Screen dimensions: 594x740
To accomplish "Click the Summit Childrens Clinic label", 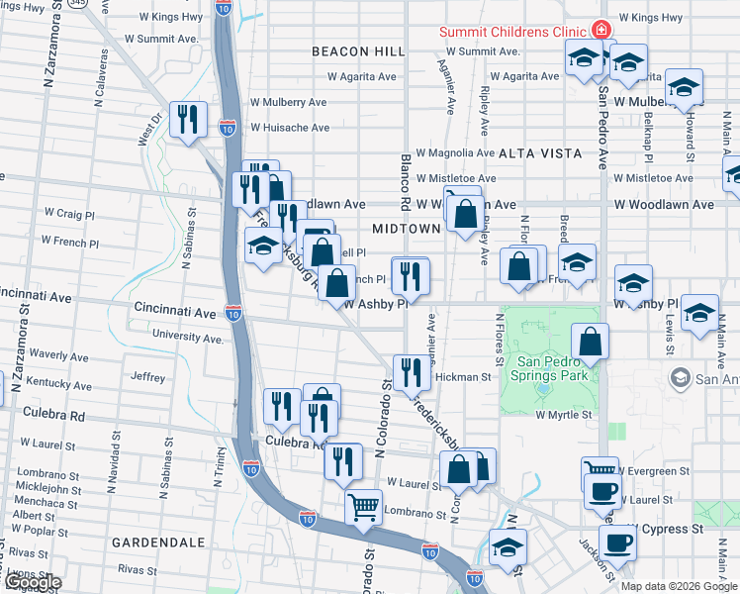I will click(x=513, y=32).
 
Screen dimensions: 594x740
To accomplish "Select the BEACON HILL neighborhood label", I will click(x=358, y=51).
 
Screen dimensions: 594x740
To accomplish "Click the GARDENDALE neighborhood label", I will click(x=158, y=543).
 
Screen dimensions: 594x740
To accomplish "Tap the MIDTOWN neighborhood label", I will click(x=406, y=229).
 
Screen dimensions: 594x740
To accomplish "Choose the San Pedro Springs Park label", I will click(x=553, y=368).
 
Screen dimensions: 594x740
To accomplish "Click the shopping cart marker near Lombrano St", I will click(x=364, y=508).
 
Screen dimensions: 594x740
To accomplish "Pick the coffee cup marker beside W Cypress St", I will click(x=618, y=543).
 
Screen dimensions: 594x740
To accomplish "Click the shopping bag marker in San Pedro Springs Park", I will click(x=590, y=342).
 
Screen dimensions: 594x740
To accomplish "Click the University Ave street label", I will click(x=188, y=337).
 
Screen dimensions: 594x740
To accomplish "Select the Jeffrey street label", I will click(x=147, y=376).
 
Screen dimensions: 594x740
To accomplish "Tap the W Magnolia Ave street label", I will click(x=454, y=153).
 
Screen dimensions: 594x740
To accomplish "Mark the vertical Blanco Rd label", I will click(x=405, y=182).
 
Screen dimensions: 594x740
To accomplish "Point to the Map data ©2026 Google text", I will click(x=678, y=586).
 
